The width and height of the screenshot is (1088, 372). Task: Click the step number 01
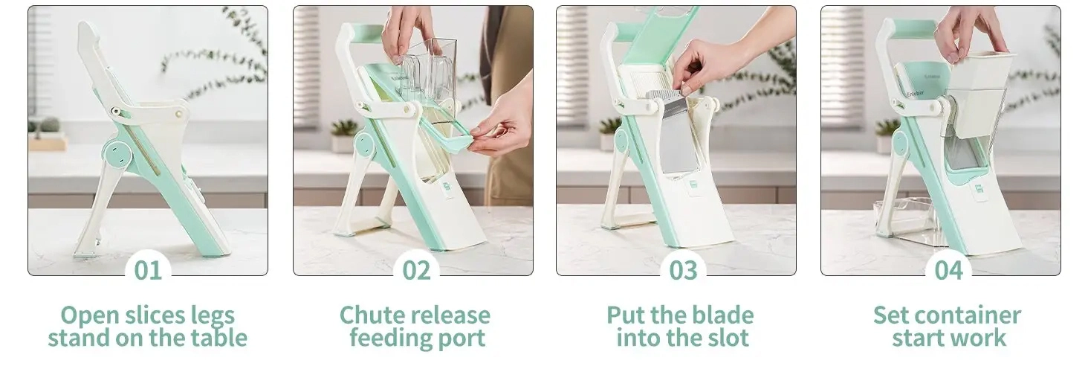coord(148,270)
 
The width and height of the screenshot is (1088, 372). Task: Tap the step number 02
coord(416,270)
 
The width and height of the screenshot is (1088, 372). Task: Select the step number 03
coord(683,270)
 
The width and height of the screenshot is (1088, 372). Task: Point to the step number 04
coord(948,270)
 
